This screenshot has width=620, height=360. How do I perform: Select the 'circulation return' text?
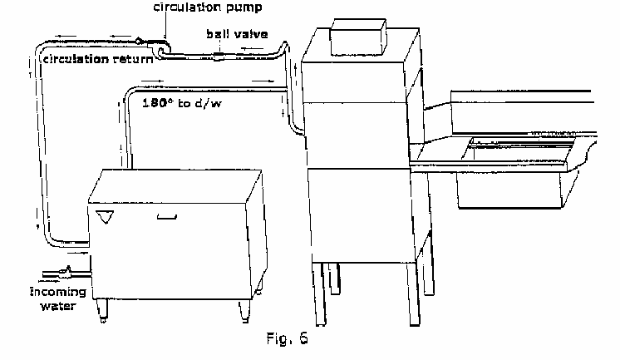(x=97, y=59)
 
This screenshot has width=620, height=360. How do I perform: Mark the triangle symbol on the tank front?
(x=102, y=218)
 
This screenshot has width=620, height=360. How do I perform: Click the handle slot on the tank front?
(x=165, y=219)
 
